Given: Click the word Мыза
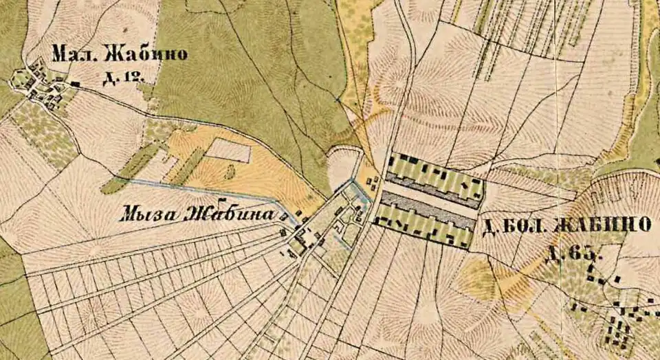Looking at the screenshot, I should pyautogui.click(x=148, y=214).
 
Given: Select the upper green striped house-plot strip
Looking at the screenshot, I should pyautogui.click(x=433, y=179).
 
